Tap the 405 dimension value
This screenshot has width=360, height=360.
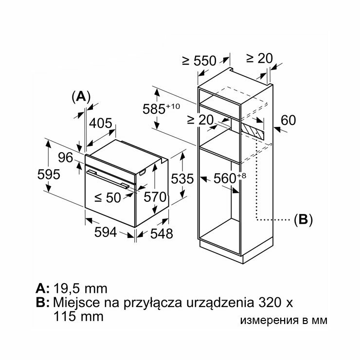(100, 124)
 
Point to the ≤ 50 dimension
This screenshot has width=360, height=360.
(107, 198)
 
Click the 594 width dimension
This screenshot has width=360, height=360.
(106, 233)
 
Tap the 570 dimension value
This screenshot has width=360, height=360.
(155, 198)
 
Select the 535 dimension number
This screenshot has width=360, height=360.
(182, 179)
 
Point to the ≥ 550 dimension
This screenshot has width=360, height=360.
(198, 61)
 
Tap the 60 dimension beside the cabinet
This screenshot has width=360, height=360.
(288, 120)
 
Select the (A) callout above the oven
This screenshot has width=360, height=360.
(81, 96)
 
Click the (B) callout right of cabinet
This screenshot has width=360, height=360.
(303, 219)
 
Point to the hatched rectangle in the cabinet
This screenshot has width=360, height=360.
(252, 130)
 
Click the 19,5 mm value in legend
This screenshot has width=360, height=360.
(80, 288)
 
